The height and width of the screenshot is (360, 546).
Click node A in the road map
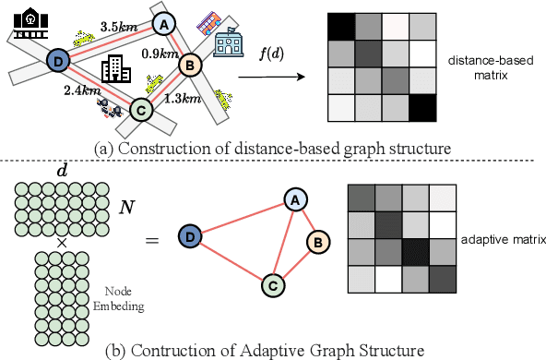(163, 25)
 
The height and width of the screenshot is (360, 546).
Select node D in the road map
(57, 61)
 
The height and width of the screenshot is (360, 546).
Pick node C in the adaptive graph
(272, 286)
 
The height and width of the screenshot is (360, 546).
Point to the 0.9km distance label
(160, 54)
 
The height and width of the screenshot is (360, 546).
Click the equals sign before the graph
(153, 242)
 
